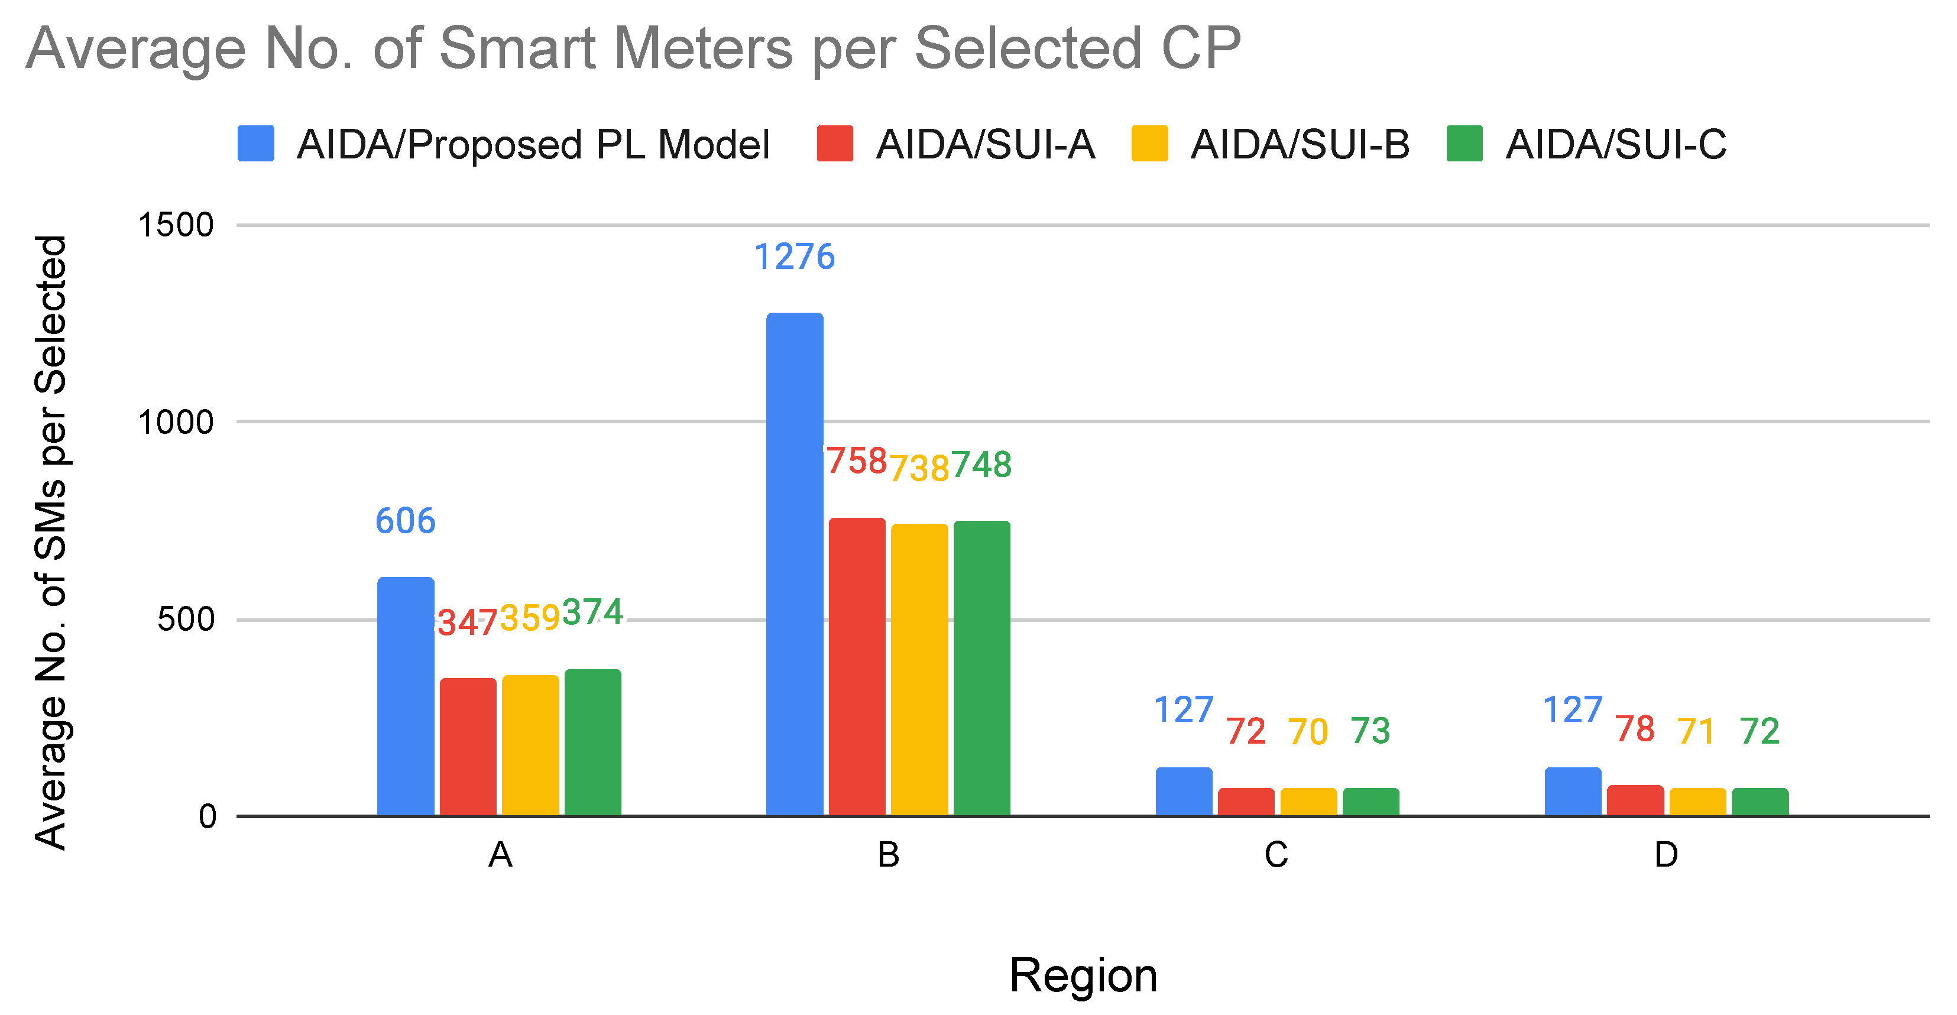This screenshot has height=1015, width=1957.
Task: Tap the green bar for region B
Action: (x=981, y=668)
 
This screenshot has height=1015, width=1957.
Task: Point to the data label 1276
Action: (x=795, y=257)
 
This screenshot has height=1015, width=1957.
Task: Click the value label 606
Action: (x=406, y=521)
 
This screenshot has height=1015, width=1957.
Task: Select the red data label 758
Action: (x=857, y=461)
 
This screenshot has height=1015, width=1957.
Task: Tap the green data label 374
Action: (x=592, y=612)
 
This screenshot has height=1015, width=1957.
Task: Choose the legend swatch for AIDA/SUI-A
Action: (x=835, y=144)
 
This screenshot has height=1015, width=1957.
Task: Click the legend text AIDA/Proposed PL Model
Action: (x=533, y=144)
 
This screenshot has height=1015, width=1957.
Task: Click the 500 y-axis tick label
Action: (x=186, y=619)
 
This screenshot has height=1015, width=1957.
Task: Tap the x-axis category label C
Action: (x=1276, y=855)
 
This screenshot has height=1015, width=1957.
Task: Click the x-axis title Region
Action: (x=1083, y=975)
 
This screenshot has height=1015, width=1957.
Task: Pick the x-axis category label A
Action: (x=500, y=855)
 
